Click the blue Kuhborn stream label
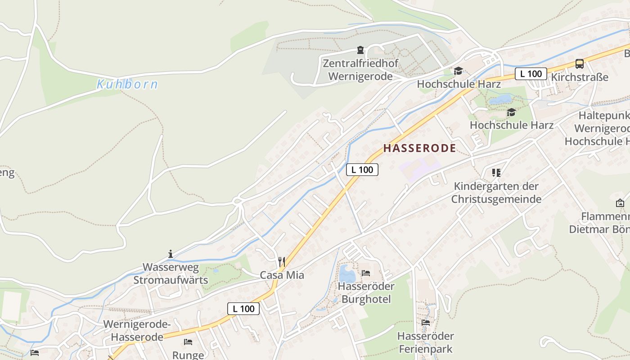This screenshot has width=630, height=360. [127, 84]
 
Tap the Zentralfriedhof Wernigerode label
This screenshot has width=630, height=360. [360, 70]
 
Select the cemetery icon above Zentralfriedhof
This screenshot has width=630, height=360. [360, 50]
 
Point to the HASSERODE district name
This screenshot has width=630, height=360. [419, 148]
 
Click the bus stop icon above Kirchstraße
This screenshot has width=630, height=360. [579, 64]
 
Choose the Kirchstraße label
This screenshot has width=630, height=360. [580, 77]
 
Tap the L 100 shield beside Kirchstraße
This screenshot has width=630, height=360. [531, 74]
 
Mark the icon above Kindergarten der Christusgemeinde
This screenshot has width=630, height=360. [496, 172]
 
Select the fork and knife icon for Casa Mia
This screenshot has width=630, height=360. [282, 261]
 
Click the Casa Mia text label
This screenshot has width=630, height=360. [282, 275]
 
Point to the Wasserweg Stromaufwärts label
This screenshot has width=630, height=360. [171, 274]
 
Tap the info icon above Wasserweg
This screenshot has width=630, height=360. [170, 254]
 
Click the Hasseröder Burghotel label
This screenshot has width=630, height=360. [366, 292]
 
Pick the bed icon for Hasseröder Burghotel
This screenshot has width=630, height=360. [366, 273]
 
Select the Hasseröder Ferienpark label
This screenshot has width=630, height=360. [425, 342]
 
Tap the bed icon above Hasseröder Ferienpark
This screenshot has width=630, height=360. [425, 322]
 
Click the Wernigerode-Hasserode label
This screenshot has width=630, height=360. [137, 330]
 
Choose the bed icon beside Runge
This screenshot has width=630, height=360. [188, 342]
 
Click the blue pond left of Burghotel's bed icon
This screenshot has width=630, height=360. [346, 273]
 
